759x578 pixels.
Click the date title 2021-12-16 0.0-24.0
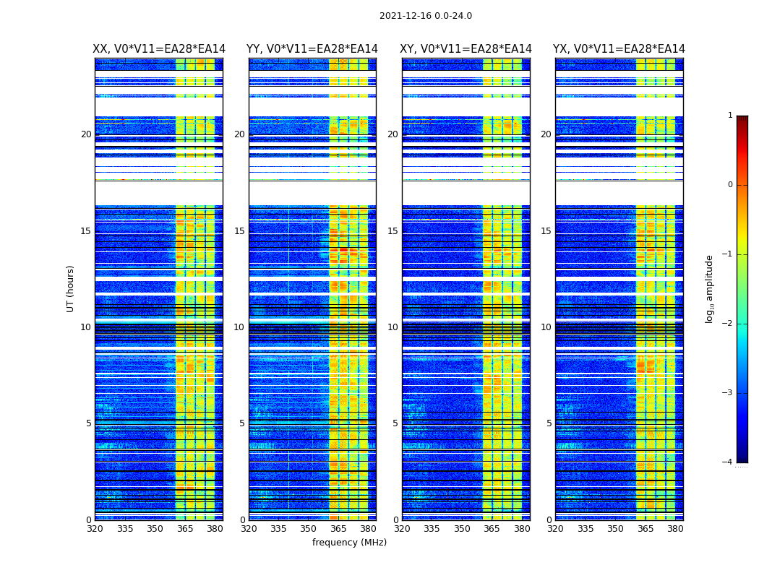point(425,16)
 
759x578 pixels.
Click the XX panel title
point(159,49)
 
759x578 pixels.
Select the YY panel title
point(312,49)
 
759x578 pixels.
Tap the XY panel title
point(466,49)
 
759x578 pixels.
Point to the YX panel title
point(619,49)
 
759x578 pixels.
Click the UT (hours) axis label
point(71,288)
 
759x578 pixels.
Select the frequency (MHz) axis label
point(349,543)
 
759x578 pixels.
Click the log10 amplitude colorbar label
point(710,288)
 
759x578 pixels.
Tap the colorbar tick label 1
point(730,116)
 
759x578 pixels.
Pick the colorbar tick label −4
point(728,462)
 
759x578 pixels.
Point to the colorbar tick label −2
point(728,324)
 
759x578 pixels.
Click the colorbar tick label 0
point(730,185)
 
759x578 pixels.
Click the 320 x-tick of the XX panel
point(95,529)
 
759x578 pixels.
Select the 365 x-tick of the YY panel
point(338,529)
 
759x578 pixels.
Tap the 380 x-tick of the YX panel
point(675,529)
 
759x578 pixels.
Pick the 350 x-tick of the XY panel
point(462,529)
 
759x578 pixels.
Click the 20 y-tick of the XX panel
point(86,134)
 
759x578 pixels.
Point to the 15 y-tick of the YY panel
point(239,231)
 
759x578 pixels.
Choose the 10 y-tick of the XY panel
point(393,327)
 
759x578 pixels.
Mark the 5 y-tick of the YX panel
point(549,423)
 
